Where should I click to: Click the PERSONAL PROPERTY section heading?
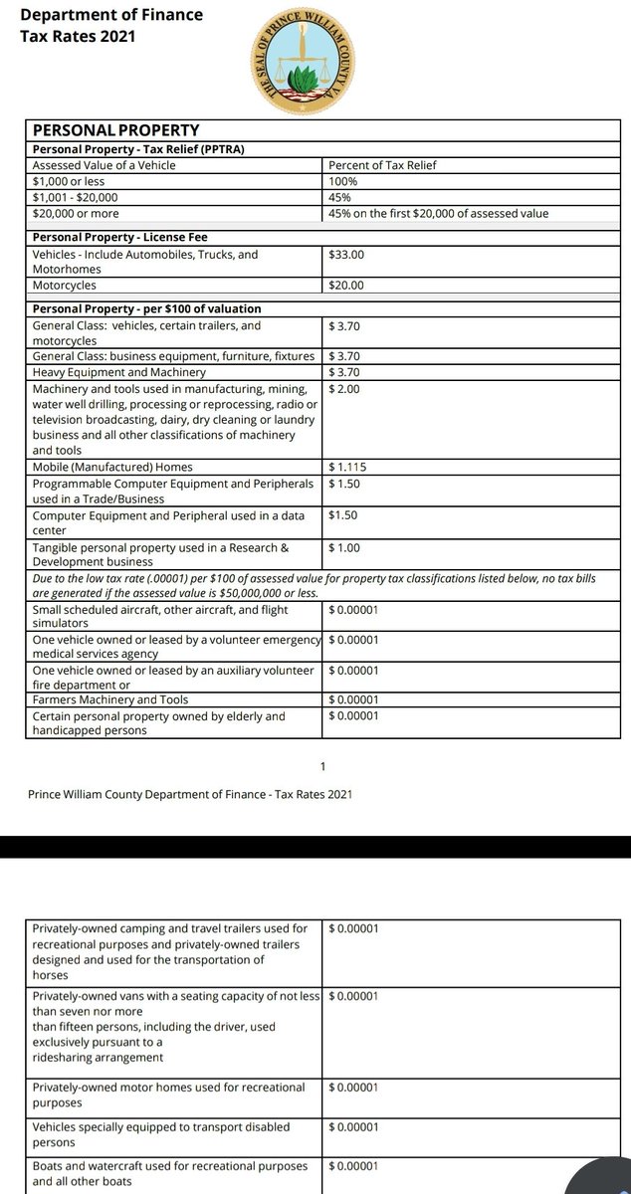point(116,130)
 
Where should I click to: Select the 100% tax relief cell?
point(343,182)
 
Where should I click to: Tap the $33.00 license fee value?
point(346,255)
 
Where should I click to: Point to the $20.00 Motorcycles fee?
point(346,285)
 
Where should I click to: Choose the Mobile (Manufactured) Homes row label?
point(112,467)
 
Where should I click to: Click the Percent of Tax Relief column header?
point(381,165)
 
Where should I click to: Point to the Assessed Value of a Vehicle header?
point(104,165)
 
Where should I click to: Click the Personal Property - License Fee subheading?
point(119,237)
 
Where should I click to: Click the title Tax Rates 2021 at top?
point(78,37)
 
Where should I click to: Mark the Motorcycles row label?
point(65,285)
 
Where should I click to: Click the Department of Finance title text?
point(111,15)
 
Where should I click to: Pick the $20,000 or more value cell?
point(76,214)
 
